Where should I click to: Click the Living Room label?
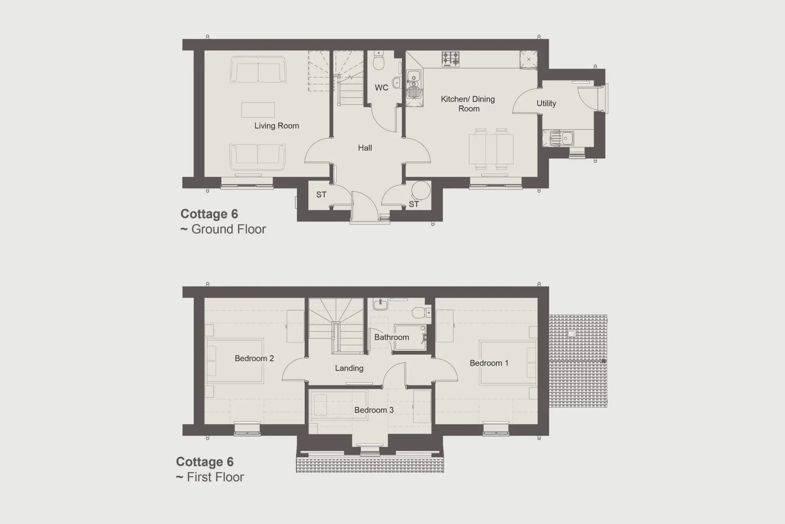[277, 126]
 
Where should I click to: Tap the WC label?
[381, 88]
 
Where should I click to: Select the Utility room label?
[546, 104]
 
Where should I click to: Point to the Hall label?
[365, 148]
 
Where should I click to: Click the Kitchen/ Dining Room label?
[468, 104]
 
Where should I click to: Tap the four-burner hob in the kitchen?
[451, 59]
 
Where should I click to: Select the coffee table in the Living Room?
[258, 110]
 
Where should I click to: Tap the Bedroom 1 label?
[489, 363]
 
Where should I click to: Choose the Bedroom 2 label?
[254, 359]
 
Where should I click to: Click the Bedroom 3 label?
[374, 410]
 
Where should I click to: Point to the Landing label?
[349, 368]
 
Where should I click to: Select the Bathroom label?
[392, 337]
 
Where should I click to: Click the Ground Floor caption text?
[223, 229]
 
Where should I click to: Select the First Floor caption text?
[210, 477]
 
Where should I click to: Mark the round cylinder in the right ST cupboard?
[421, 190]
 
